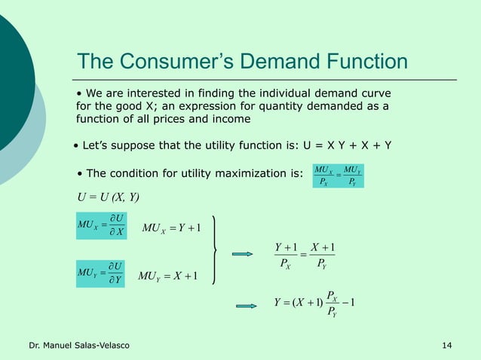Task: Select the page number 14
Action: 447,345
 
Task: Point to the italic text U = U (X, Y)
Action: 109,198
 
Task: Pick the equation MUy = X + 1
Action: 168,276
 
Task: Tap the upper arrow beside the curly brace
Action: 243,254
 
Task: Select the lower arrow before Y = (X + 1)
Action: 247,305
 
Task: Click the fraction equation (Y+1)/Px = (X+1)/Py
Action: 305,254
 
